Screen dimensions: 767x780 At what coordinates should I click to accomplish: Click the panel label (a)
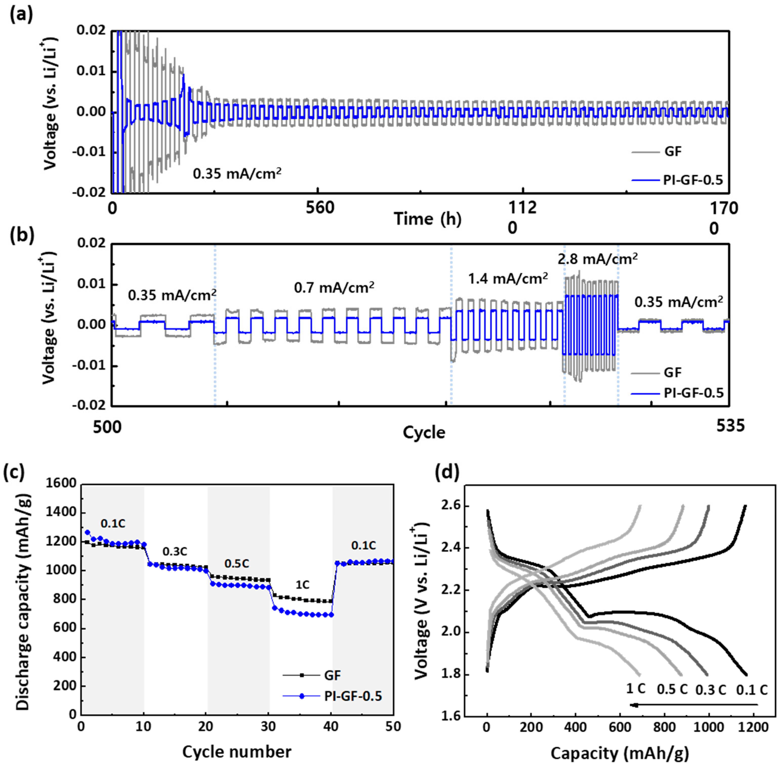(21, 15)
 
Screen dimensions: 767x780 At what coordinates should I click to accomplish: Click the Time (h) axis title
(428, 219)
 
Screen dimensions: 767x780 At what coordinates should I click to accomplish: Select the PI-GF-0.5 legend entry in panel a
(693, 180)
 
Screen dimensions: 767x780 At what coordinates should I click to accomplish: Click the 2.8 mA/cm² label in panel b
(597, 259)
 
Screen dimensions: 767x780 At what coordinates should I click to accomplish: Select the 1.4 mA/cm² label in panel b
(507, 278)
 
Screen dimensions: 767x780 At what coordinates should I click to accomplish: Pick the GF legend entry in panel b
(672, 373)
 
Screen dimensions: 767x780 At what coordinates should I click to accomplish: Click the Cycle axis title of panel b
(424, 432)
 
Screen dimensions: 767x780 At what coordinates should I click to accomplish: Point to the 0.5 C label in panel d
(672, 689)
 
